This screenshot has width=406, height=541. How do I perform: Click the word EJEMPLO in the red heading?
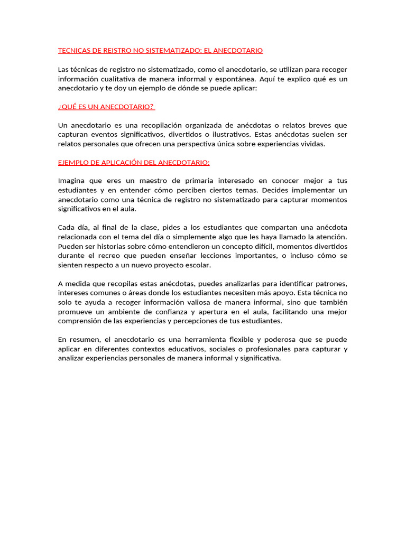click(x=74, y=162)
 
